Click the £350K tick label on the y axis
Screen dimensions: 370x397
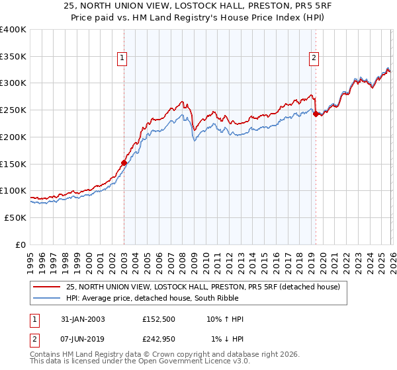13,56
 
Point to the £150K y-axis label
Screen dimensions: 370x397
13,164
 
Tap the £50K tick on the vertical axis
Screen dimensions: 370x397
15,217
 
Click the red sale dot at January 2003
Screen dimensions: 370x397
124,162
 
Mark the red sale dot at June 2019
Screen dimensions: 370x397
316,114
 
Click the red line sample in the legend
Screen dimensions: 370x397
48,287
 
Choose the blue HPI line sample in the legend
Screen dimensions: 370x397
48,298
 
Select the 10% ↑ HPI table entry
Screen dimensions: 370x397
226,319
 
